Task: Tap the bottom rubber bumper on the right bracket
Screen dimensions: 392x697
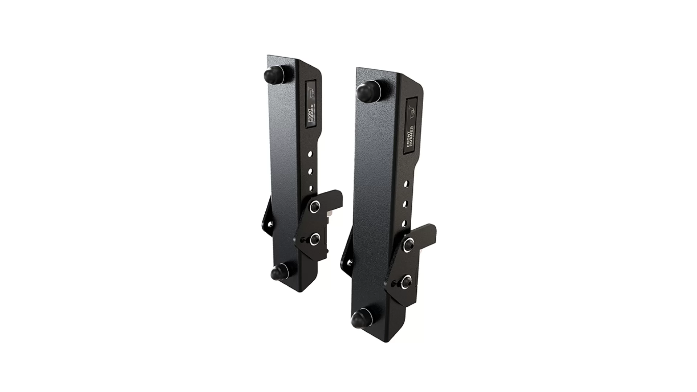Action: click(360, 319)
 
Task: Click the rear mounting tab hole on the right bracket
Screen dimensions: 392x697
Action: click(350, 262)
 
